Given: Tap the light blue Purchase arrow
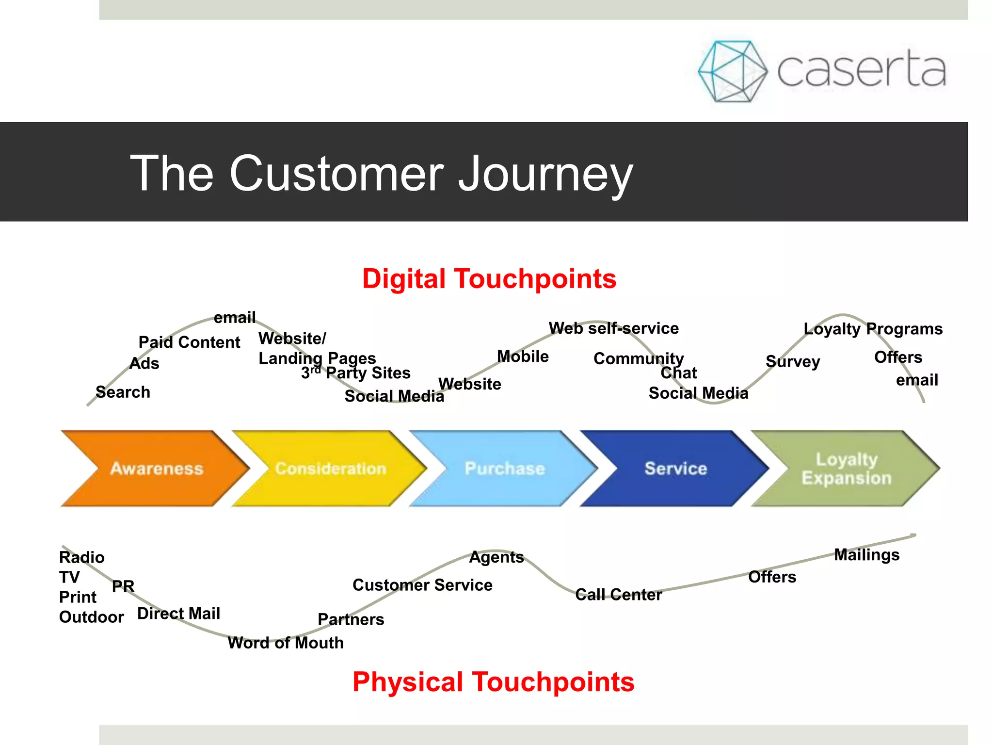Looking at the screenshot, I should point(504,468).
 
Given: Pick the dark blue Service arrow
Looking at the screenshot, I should point(675,468).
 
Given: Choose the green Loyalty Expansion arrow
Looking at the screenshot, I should point(846,468).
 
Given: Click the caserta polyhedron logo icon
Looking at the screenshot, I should point(732,71).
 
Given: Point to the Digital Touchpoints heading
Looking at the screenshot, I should point(489,279).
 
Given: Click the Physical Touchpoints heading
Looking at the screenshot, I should point(493,681).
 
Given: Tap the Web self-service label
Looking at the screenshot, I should point(613,328).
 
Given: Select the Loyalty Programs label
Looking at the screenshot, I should point(873,329).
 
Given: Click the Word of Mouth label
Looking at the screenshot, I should point(286,643).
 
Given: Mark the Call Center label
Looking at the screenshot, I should point(618,595).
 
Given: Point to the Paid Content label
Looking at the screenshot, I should point(189,342).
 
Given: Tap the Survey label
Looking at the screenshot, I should point(793,361).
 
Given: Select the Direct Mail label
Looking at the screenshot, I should point(178,614).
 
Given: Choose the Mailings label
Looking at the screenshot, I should point(866,554).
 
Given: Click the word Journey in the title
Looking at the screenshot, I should point(545,174).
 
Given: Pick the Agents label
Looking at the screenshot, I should point(496,557).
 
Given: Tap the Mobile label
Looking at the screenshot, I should point(523,356).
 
